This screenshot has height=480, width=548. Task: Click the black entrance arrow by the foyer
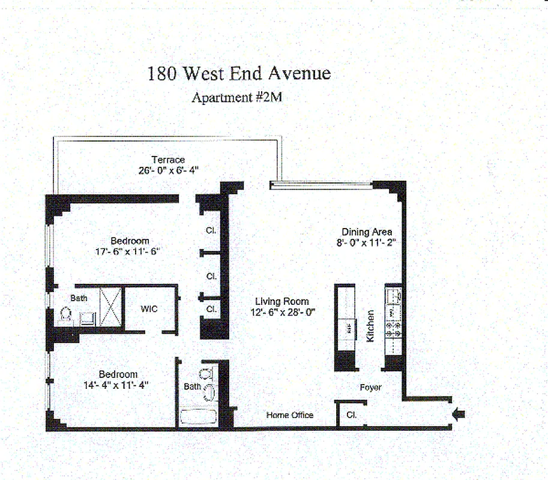(x=459, y=415)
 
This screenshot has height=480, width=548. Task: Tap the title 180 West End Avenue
(x=239, y=73)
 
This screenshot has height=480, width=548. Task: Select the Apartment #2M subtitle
(x=237, y=97)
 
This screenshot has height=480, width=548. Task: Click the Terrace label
(x=168, y=160)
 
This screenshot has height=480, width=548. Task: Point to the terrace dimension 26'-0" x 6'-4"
(x=169, y=170)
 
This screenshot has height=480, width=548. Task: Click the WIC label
(x=149, y=309)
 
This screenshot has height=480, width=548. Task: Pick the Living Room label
(x=282, y=301)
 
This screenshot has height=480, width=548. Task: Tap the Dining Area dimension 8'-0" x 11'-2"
(x=366, y=242)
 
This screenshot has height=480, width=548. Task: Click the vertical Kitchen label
(x=370, y=326)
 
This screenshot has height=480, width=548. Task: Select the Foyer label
(x=371, y=388)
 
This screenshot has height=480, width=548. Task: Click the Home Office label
(x=290, y=415)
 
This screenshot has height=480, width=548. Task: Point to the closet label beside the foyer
(x=352, y=415)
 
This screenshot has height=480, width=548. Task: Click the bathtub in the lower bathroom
(x=198, y=417)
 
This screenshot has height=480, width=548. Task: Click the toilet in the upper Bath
(x=65, y=313)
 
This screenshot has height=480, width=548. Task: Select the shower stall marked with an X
(x=110, y=307)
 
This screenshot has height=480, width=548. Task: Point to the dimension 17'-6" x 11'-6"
(x=128, y=251)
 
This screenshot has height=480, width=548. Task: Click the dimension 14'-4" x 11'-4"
(x=116, y=385)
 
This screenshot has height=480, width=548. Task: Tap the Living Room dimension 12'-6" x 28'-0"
(x=283, y=312)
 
